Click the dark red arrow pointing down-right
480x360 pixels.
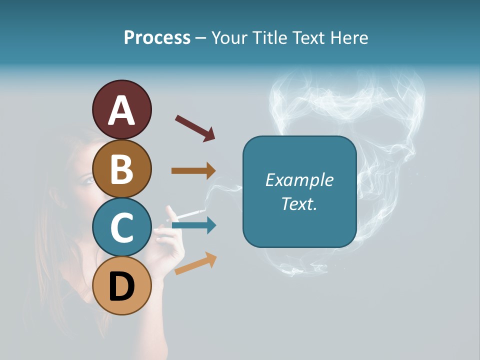coord(194,128)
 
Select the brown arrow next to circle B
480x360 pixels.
coord(193,171)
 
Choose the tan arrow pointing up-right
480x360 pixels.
coord(195,263)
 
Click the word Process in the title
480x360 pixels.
coord(157,38)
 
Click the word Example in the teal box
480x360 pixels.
coord(299,180)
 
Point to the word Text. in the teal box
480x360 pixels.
coord(299,203)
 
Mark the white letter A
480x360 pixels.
coord(121,110)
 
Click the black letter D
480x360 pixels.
coord(121,287)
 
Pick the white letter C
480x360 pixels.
coord(121,228)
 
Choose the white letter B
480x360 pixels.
coord(121,169)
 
